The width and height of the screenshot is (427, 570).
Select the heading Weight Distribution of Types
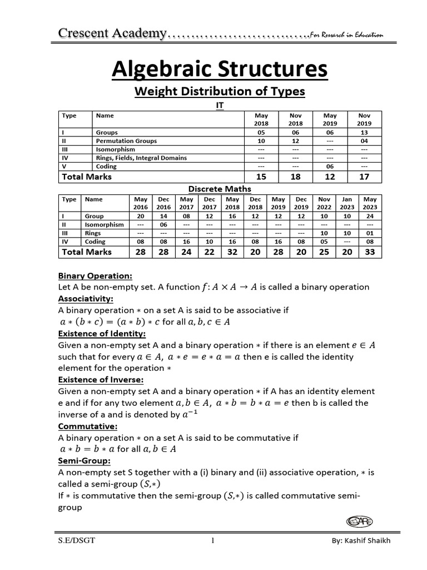tap(220, 91)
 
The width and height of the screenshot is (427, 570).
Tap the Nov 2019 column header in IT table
tap(364, 119)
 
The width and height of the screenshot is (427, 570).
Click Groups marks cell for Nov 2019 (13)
tap(364, 133)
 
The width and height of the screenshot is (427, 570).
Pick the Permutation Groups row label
tap(126, 141)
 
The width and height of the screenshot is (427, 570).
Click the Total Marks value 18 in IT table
tap(295, 176)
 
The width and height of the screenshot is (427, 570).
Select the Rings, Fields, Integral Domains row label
tap(141, 158)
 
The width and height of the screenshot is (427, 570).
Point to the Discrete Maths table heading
tap(219, 189)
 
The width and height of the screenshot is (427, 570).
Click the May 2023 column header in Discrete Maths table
tap(370, 203)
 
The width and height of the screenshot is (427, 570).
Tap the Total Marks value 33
tap(370, 252)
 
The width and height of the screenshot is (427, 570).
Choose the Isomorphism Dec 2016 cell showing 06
tap(164, 224)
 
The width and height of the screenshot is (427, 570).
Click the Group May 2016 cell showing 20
tap(141, 216)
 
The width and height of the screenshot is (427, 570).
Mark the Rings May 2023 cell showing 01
tap(370, 233)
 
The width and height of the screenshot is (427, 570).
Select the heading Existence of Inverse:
tap(101, 380)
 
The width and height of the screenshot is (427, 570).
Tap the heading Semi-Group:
tap(85, 461)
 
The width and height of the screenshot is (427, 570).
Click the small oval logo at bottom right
tap(359, 521)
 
